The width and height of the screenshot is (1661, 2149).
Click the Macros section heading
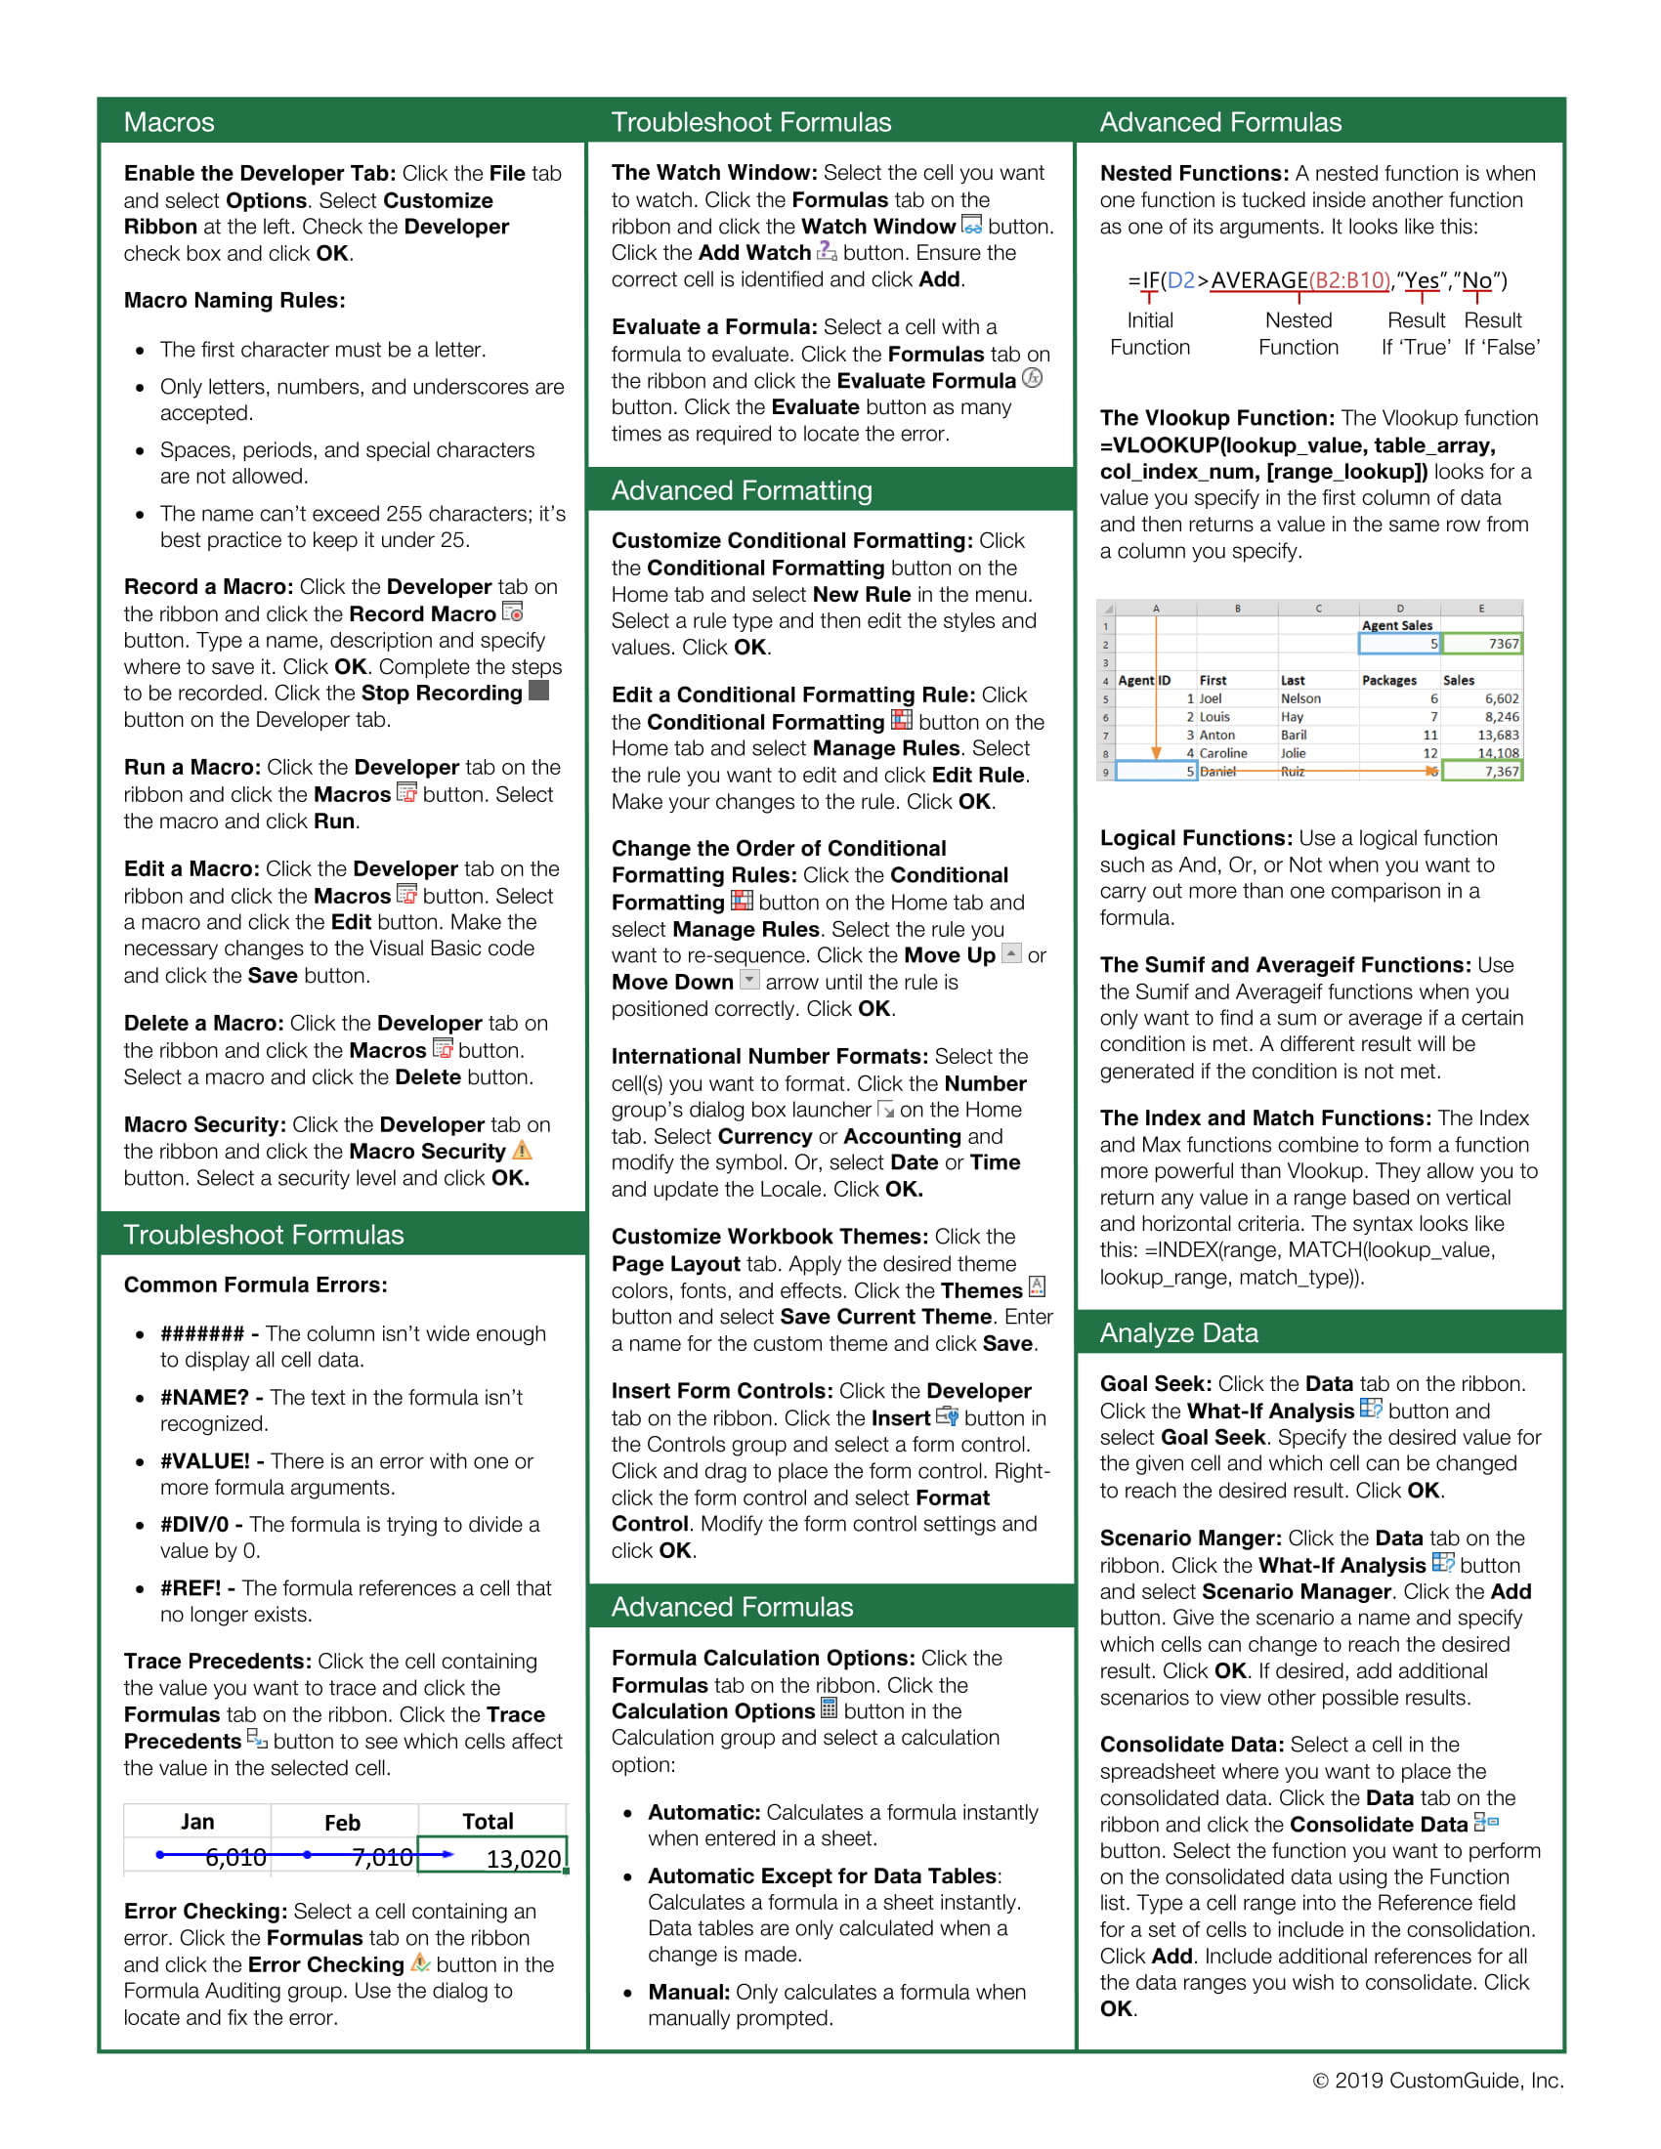point(169,122)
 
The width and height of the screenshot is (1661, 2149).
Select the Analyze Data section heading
point(1179,1332)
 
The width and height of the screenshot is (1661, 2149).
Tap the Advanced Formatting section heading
point(741,490)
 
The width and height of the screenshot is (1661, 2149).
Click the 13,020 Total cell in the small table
point(493,1858)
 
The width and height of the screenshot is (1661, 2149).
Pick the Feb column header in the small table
point(342,1823)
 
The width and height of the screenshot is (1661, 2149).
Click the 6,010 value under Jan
point(235,1857)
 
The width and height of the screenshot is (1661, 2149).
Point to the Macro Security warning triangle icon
point(523,1150)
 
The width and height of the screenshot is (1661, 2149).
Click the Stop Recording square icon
point(538,691)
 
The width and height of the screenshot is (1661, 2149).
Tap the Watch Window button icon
point(971,225)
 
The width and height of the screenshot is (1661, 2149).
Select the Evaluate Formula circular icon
point(1031,378)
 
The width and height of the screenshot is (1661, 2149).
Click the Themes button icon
point(1036,1287)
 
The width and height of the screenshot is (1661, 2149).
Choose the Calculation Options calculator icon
point(829,1708)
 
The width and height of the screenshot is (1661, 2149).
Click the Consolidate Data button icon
point(1486,1823)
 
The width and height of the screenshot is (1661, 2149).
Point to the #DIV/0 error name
point(193,1524)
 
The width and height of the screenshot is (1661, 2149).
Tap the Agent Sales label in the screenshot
point(1396,625)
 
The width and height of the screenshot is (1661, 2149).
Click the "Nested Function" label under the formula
point(1298,333)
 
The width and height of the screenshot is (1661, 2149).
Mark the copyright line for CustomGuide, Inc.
point(1437,2080)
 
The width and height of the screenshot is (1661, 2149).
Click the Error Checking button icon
point(420,1962)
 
